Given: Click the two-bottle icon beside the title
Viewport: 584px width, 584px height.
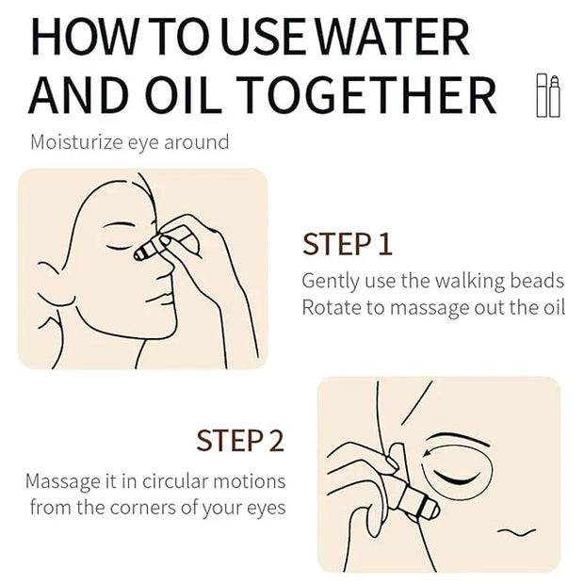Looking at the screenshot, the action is [548, 95].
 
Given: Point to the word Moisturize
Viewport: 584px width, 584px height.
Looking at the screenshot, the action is [76, 142].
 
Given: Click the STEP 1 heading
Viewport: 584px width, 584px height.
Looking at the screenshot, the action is [348, 244].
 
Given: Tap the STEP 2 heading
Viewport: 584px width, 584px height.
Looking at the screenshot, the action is [240, 441].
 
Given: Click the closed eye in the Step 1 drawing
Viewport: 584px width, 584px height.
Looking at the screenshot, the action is [119, 248].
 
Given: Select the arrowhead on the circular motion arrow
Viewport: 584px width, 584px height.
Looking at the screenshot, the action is [428, 453].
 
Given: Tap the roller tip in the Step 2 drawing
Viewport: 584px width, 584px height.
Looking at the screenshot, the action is [431, 510].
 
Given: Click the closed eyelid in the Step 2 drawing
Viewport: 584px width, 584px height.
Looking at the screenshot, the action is [455, 479].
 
